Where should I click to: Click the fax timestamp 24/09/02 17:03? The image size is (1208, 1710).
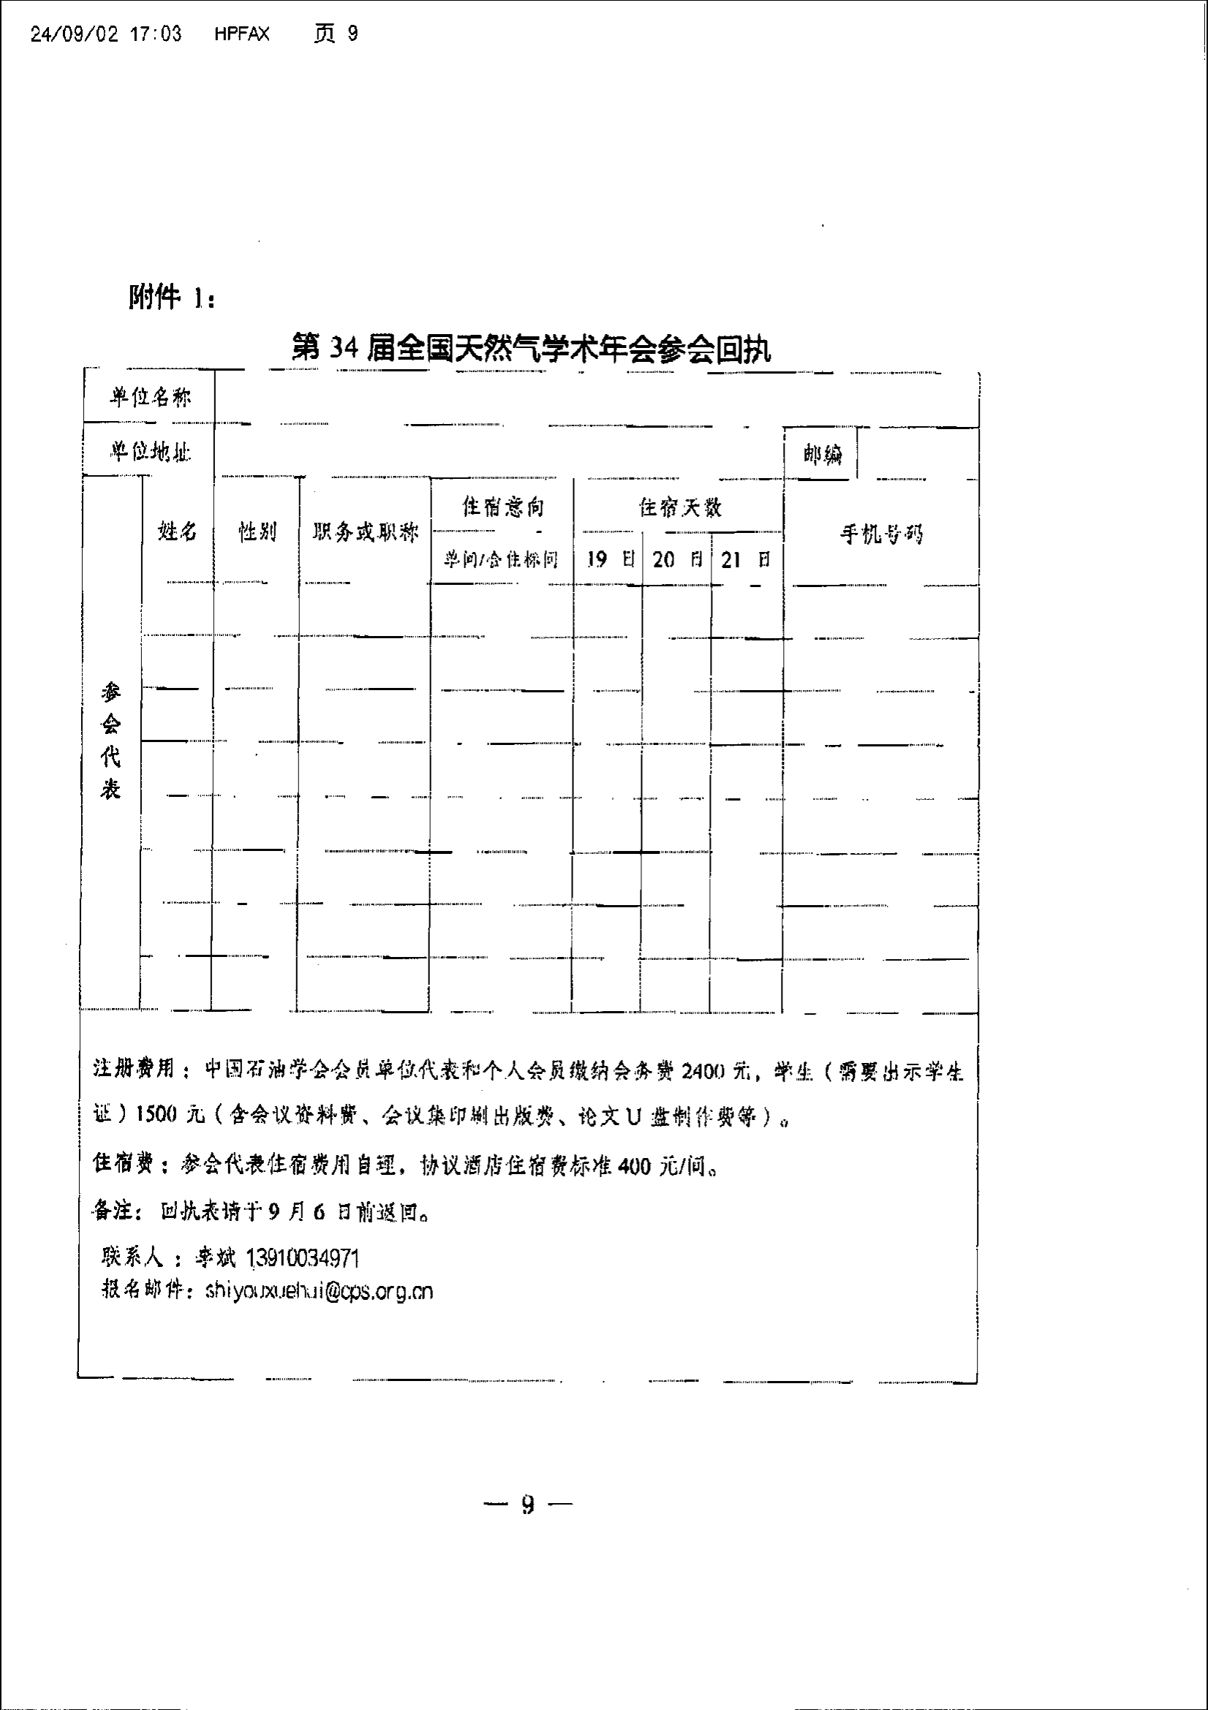106,34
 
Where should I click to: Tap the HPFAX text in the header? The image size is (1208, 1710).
242,34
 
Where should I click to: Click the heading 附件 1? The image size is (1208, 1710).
172,298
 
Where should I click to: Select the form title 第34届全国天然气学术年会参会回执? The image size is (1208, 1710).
531,349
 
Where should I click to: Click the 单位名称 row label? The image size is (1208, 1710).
151,398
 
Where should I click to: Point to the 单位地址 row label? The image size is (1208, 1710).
151,451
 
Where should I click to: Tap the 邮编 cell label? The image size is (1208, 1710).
822,454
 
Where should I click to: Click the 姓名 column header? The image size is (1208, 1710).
178,531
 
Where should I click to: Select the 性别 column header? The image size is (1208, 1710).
257,531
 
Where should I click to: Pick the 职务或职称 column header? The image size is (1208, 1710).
366,531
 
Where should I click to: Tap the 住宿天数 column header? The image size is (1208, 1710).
680,508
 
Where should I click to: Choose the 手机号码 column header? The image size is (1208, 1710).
882,533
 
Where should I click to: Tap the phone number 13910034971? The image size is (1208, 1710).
303,1259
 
